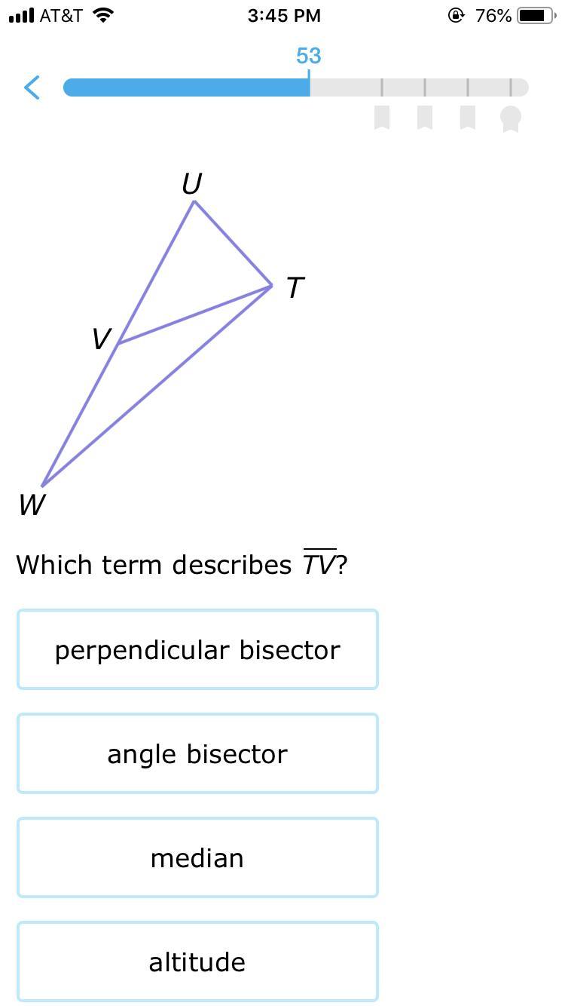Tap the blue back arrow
[32, 87]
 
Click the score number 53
[308, 56]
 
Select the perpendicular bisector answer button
[197, 649]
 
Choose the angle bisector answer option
[197, 753]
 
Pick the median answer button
[197, 857]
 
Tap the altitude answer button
[197, 962]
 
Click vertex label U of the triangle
[192, 184]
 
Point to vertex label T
[295, 287]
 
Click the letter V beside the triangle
[101, 339]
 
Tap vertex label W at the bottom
[32, 505]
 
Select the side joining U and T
[233, 244]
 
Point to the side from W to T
[157, 386]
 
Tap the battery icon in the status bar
[536, 15]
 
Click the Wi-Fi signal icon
[102, 15]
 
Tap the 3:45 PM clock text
[284, 16]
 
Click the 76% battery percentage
[493, 16]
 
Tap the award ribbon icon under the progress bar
[511, 118]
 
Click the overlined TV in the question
[319, 564]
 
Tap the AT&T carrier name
[61, 16]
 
